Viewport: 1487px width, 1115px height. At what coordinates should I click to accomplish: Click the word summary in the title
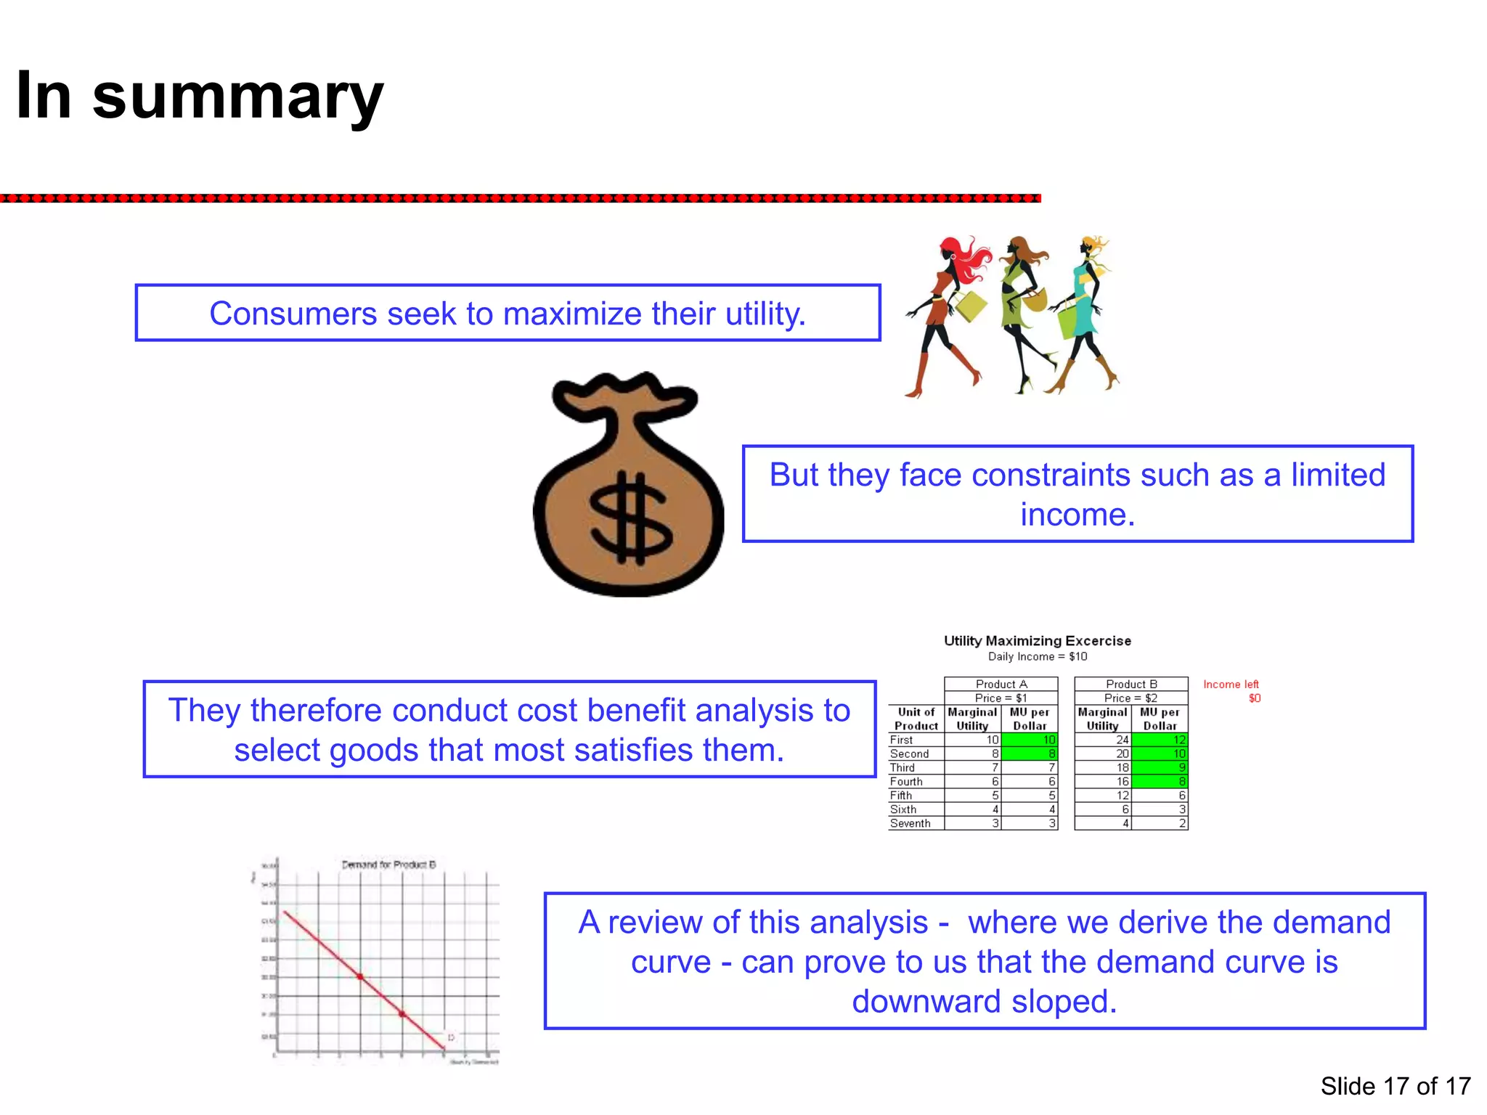(x=237, y=98)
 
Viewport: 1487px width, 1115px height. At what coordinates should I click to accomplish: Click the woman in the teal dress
(x=1085, y=312)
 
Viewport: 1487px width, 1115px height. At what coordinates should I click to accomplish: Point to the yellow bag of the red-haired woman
(x=971, y=306)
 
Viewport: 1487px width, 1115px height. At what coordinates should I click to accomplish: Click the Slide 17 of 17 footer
(x=1395, y=1086)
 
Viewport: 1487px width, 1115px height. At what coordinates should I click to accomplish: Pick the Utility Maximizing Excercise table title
(x=1037, y=641)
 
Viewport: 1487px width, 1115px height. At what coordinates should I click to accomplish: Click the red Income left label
(x=1231, y=685)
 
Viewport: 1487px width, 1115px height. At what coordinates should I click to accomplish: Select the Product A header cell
(x=1001, y=684)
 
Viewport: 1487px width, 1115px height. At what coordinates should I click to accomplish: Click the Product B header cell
(x=1131, y=684)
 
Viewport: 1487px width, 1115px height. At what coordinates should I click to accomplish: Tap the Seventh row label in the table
(x=910, y=823)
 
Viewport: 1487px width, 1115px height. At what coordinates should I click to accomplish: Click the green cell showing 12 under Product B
(x=1160, y=740)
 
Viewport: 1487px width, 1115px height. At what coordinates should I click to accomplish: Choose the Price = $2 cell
(x=1131, y=698)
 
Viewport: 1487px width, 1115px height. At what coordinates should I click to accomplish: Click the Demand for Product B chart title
(x=388, y=865)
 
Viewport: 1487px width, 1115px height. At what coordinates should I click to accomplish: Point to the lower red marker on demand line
(x=402, y=1014)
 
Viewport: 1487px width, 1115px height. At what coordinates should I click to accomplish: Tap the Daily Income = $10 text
(x=1037, y=657)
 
